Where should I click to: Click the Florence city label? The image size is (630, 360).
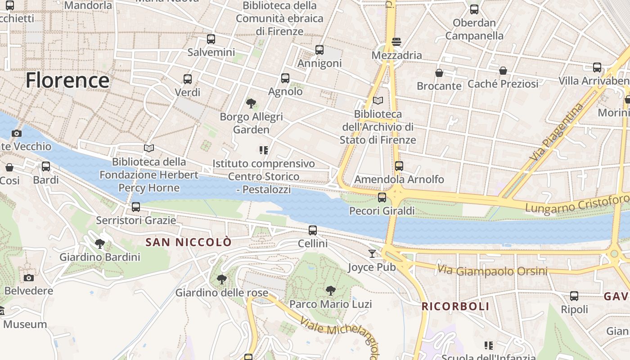(67, 81)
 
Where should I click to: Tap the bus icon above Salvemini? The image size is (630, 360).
(211, 39)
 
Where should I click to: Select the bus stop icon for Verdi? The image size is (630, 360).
(188, 79)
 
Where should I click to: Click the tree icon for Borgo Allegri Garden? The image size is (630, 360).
(251, 104)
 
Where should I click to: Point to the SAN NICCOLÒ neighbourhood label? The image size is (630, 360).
(189, 242)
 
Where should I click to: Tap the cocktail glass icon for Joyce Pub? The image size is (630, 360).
(372, 254)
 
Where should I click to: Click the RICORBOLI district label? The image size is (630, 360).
(455, 306)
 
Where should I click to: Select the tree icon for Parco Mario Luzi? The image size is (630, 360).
(331, 291)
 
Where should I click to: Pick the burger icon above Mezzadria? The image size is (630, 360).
(396, 42)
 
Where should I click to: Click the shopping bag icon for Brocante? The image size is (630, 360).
(439, 73)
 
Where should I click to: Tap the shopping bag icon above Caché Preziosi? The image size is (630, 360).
(503, 71)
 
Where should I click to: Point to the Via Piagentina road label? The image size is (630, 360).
(556, 132)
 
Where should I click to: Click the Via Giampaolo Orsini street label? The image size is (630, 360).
(492, 271)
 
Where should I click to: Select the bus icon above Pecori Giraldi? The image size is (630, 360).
(382, 197)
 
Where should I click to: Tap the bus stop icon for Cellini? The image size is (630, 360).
(313, 230)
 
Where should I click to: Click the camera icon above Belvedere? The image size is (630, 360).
(29, 278)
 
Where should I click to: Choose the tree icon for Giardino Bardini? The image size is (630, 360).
(100, 244)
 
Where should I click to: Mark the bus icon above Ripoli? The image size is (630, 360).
(574, 296)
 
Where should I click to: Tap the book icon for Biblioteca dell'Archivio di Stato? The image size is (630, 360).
(378, 101)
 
